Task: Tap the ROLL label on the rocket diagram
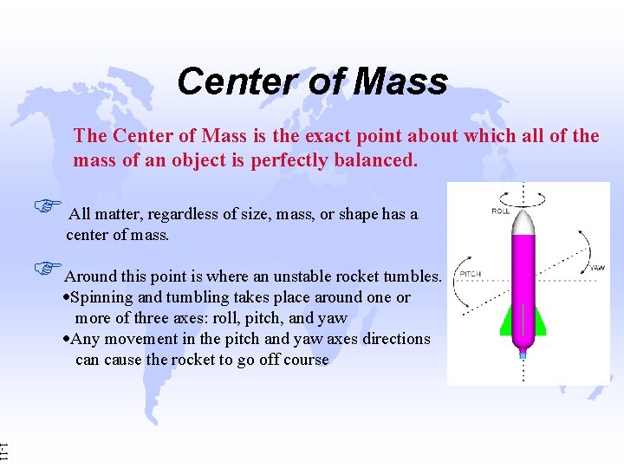(x=501, y=211)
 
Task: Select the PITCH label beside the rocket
(x=470, y=274)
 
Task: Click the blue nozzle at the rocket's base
(x=523, y=353)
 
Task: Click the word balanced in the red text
(x=374, y=160)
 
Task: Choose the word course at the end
(x=303, y=360)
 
